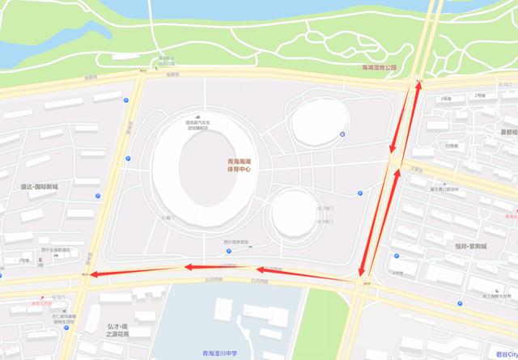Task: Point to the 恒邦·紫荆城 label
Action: tap(467, 244)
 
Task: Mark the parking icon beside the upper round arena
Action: tap(342, 134)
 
